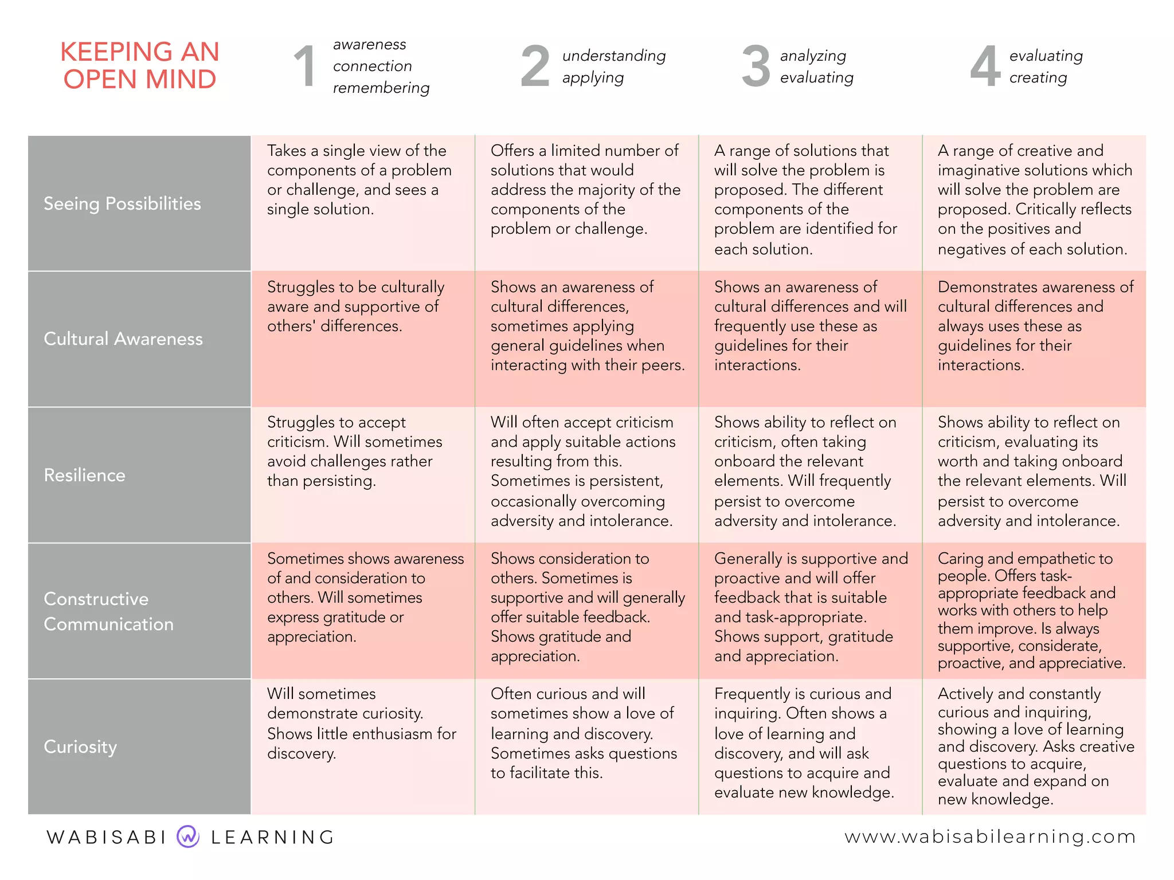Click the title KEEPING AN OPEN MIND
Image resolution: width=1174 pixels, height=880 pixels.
140,65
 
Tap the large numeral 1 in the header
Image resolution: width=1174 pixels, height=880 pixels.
304,66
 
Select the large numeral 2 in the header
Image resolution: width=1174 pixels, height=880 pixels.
535,66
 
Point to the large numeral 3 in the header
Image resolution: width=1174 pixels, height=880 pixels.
756,66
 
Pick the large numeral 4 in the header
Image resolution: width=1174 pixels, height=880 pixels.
985,66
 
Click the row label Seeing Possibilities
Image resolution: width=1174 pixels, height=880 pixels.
122,203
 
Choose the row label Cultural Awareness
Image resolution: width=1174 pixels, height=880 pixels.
123,339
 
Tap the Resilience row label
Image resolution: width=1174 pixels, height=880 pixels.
84,475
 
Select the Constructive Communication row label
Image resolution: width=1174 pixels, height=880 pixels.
108,611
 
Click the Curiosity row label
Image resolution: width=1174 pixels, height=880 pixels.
80,747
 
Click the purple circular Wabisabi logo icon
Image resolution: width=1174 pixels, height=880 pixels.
188,836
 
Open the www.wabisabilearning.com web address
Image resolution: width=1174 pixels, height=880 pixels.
990,836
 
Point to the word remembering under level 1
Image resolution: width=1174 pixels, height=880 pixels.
381,88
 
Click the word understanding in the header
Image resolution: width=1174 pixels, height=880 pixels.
614,56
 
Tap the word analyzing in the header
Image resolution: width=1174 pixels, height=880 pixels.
813,56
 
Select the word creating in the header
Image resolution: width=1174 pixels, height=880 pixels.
1038,77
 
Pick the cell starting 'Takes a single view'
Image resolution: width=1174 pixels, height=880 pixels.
359,180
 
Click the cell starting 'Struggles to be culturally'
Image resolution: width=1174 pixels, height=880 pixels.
355,307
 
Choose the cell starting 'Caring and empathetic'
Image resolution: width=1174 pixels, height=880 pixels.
1031,610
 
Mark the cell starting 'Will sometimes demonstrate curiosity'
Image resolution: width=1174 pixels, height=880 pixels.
361,724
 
